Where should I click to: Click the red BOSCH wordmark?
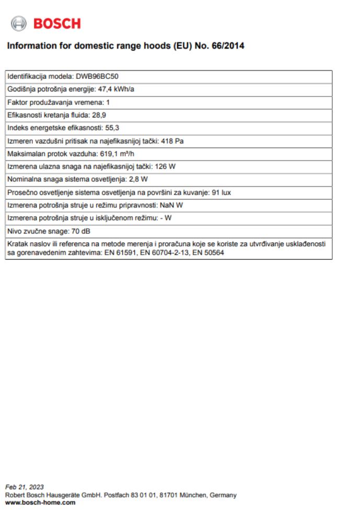pyautogui.click(x=57, y=23)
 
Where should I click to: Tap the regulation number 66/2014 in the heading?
pyautogui.click(x=229, y=47)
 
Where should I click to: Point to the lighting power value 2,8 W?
pyautogui.click(x=140, y=178)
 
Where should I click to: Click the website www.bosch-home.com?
pyautogui.click(x=40, y=503)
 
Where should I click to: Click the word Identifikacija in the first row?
pyautogui.click(x=25, y=77)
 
